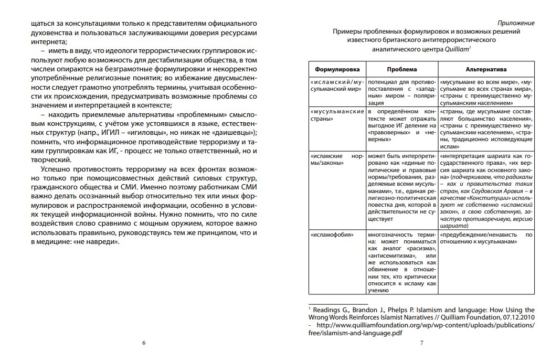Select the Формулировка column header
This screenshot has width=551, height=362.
click(x=336, y=69)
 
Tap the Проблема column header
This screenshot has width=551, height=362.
click(x=402, y=69)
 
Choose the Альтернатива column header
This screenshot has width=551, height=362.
click(x=486, y=69)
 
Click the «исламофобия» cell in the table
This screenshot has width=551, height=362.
click(x=329, y=235)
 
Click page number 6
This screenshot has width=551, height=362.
click(x=144, y=343)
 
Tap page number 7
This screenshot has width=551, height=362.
click(x=421, y=343)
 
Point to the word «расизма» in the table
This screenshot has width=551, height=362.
click(x=419, y=248)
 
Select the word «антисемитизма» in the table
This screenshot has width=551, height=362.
click(x=391, y=255)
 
